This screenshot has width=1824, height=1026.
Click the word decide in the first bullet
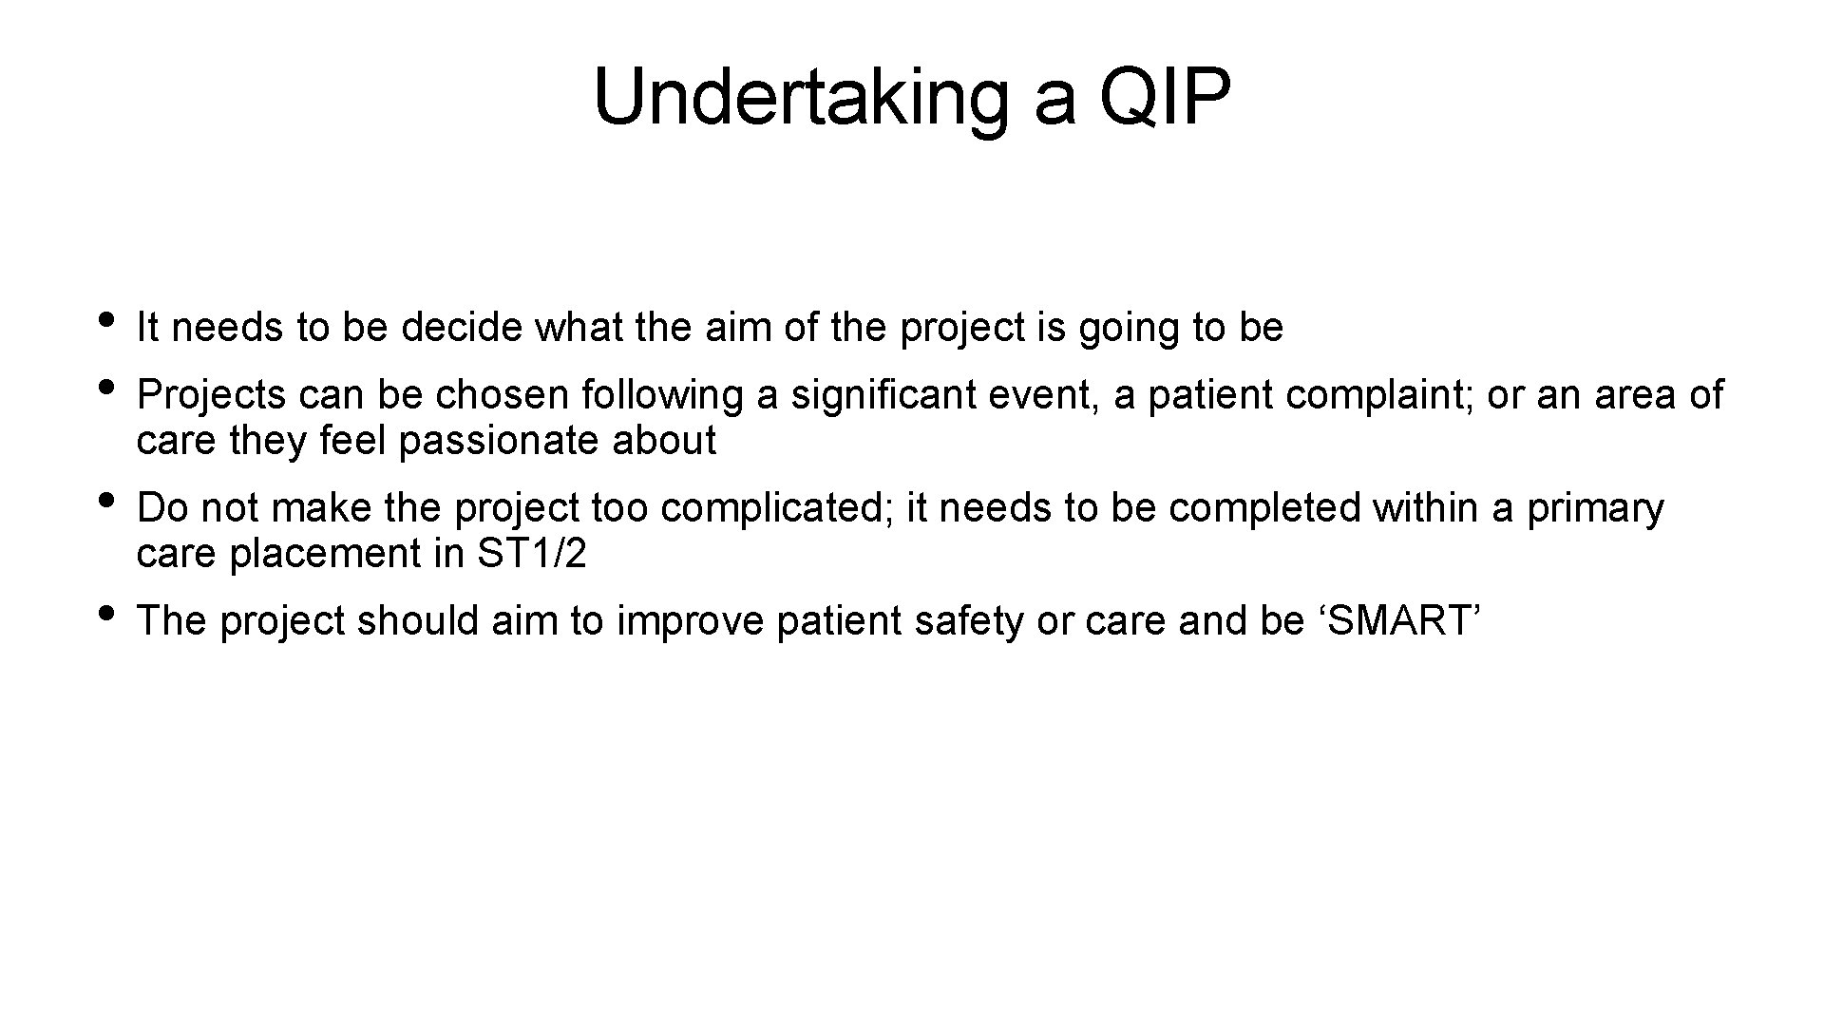coord(462,328)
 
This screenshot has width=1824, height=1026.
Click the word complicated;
coord(777,508)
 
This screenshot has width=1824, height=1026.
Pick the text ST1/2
coord(531,554)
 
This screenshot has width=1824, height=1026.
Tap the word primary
coord(1595,508)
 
